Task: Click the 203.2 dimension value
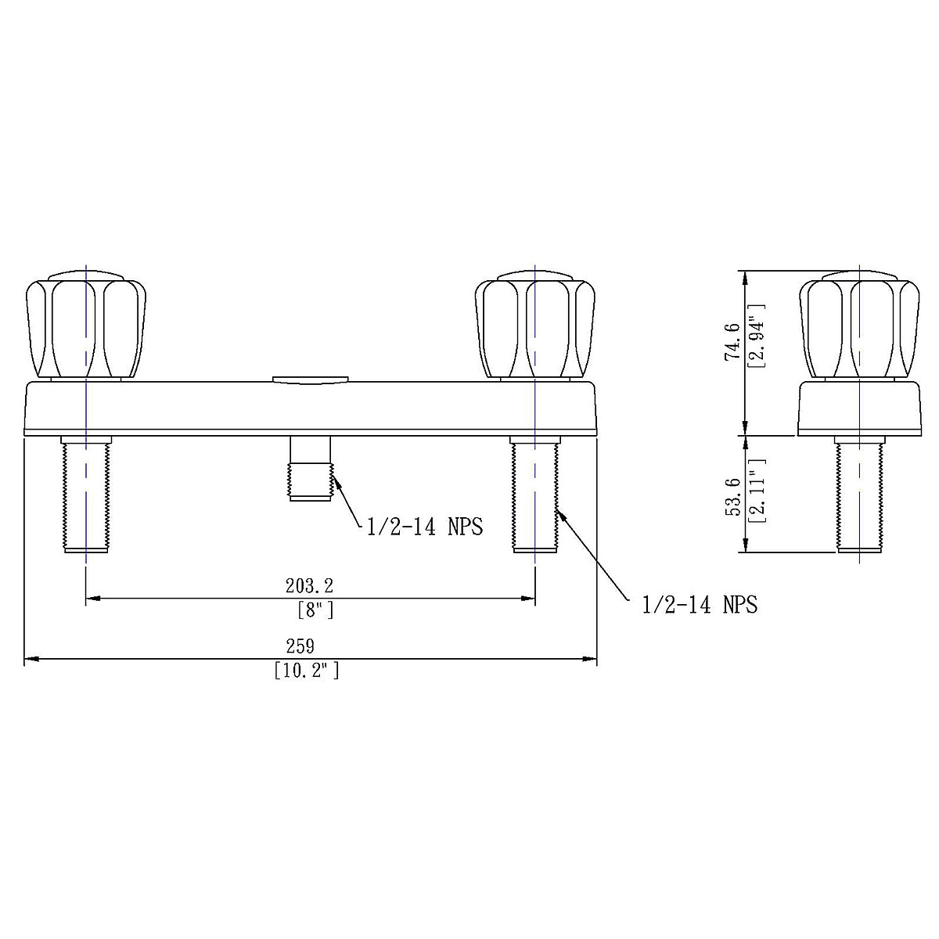[309, 586]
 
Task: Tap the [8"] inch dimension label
[316, 610]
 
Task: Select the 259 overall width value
[300, 646]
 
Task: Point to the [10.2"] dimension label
[307, 671]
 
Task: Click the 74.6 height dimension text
[732, 342]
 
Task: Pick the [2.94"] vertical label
[756, 336]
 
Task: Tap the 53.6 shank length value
[732, 497]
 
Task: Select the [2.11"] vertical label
[756, 491]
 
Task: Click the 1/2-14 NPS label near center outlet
[424, 527]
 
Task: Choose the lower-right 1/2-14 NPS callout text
[700, 605]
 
